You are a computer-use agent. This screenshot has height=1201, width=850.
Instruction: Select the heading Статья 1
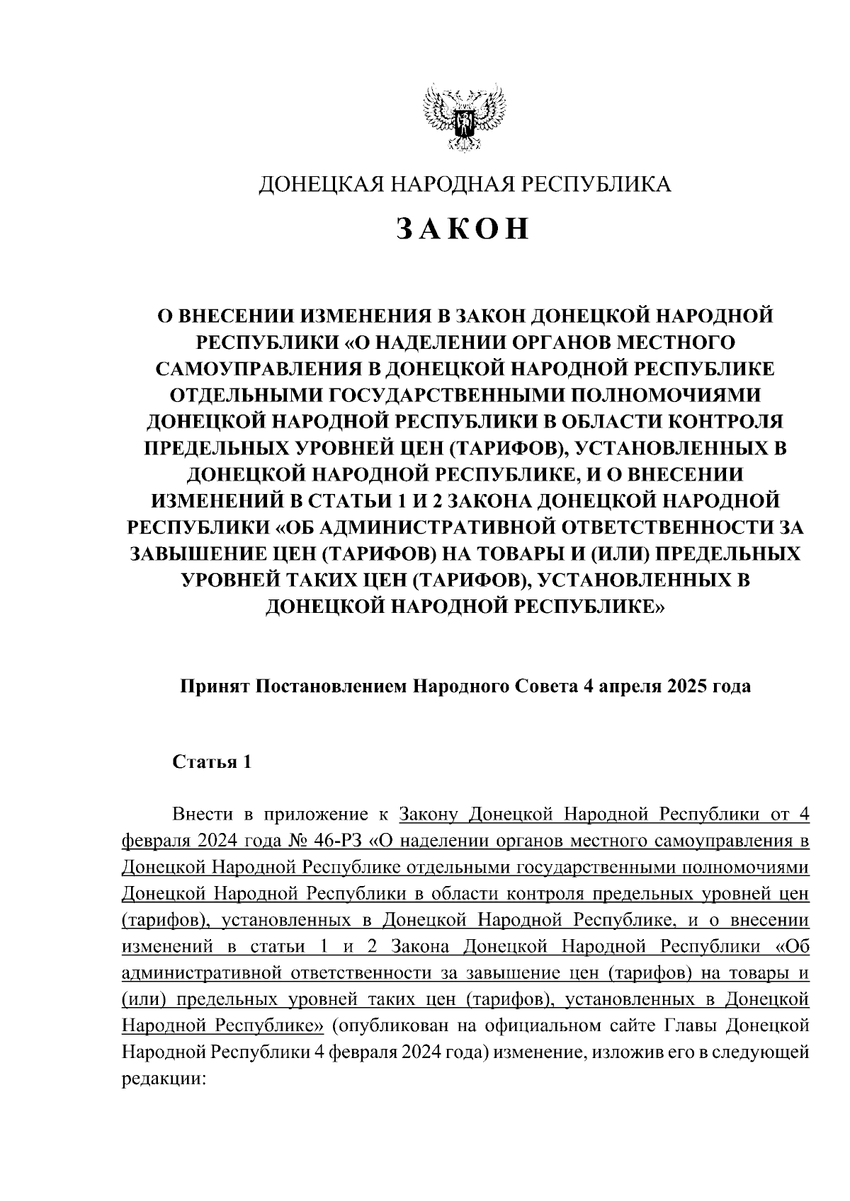click(x=212, y=762)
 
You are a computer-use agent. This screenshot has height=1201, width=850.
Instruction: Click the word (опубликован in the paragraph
click(x=382, y=1025)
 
